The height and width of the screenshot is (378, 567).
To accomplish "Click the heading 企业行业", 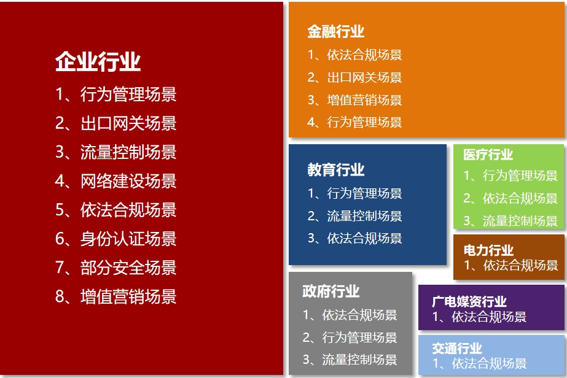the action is pos(98,61).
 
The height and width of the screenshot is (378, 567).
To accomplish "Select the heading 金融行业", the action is pos(335,31).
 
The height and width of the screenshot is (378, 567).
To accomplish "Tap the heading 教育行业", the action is pos(335,169).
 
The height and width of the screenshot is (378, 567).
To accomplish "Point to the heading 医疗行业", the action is pos(488,154).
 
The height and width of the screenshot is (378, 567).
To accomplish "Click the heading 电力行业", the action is pos(488,250).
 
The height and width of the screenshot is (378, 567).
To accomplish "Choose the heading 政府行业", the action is pos(331,291).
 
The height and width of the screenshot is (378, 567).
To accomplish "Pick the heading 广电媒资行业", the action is pos(469,301).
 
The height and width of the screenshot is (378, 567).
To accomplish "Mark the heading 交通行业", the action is pos(456,349).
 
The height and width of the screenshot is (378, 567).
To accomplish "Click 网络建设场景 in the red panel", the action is pos(128,181).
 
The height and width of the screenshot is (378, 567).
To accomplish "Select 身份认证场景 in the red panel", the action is pos(128,239).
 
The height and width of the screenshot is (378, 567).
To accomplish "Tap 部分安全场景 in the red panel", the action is pos(128,268).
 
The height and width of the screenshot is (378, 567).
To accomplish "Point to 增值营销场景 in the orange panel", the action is pos(364,100).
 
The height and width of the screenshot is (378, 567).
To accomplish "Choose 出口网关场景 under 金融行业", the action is pos(364,77).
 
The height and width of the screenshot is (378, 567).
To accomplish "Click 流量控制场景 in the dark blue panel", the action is pos(364,216).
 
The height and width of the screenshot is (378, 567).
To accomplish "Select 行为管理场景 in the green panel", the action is pos(520,175).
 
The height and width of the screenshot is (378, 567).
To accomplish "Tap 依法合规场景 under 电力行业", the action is pos(520,265).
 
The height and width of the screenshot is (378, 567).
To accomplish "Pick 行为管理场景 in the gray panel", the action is pos(359,337).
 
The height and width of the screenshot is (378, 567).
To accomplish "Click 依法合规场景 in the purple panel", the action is pos(489,317).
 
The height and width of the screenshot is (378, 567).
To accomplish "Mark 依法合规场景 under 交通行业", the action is pos(489,363).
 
